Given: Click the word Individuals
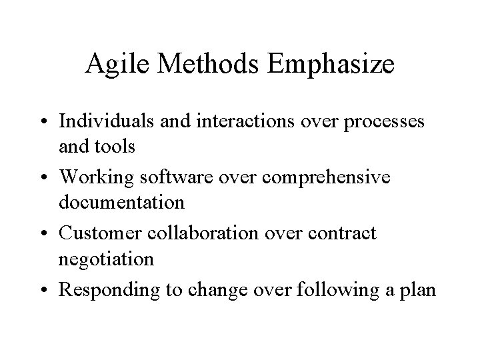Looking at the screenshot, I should [x=102, y=122].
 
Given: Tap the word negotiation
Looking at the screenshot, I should [x=106, y=258].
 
